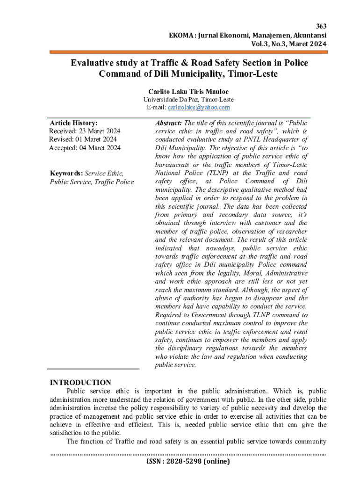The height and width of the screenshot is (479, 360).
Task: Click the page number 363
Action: [x=322, y=26]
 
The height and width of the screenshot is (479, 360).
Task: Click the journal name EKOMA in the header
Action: [x=181, y=35]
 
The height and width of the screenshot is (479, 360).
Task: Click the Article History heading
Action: [x=74, y=123]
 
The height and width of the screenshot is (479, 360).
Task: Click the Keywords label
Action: [x=66, y=174]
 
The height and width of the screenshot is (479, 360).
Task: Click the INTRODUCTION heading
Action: [x=80, y=382]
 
